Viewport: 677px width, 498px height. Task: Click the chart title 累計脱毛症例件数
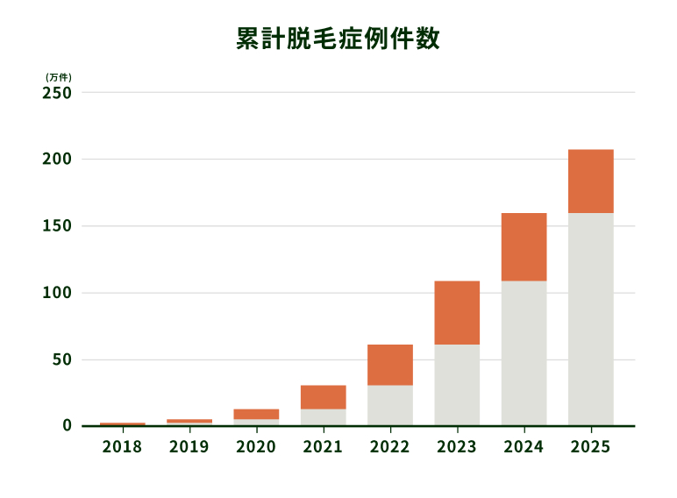pos(338,39)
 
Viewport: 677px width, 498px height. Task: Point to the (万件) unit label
pos(58,77)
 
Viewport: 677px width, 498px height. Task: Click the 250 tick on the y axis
pos(57,92)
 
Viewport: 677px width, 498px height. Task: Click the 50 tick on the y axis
pos(61,359)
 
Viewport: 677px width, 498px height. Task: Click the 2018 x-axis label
pos(122,447)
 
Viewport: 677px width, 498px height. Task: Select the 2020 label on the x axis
pos(256,447)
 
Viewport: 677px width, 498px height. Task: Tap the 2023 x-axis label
pos(457,447)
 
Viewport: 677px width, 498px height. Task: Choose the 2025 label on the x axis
pos(591,447)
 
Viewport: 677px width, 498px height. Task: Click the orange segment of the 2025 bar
pos(591,181)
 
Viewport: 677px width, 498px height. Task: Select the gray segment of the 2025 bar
pos(591,319)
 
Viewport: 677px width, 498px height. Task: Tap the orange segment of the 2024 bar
pos(524,247)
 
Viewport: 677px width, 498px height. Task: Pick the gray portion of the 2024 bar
pos(524,353)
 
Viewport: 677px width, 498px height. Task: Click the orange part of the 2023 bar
pos(457,313)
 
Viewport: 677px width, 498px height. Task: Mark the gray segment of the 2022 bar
pos(390,405)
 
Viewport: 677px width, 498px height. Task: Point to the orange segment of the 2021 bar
pos(323,397)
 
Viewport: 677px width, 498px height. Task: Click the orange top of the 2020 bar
pos(256,414)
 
